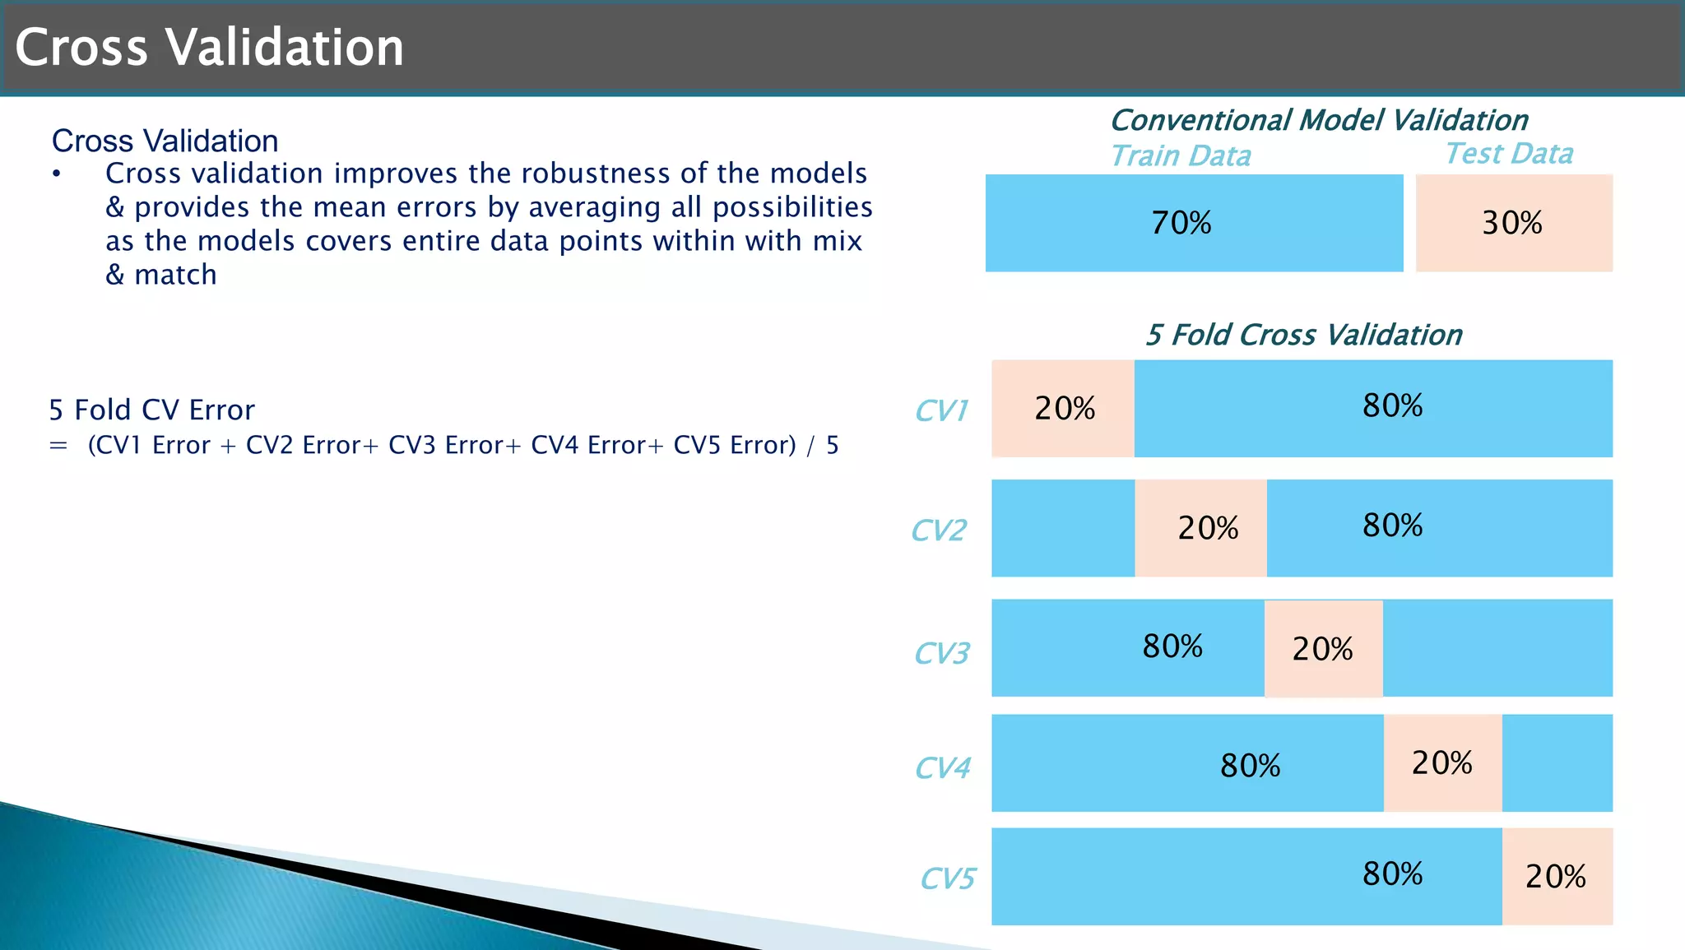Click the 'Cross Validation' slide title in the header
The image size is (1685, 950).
click(209, 47)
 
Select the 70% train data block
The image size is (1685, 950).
click(1193, 223)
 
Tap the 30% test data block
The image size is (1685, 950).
click(1513, 223)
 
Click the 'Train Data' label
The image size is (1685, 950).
click(1180, 155)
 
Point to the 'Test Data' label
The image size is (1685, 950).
click(1508, 153)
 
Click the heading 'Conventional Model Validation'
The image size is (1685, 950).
click(1318, 120)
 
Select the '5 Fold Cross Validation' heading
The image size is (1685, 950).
click(1303, 335)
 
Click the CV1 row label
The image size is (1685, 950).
click(941, 410)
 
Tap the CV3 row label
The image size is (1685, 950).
click(941, 653)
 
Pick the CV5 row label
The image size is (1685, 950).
click(947, 878)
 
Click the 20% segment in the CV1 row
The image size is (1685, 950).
click(1063, 409)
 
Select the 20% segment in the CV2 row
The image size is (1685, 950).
click(1202, 528)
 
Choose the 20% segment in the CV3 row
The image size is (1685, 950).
click(1323, 649)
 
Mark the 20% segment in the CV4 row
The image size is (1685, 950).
click(1442, 762)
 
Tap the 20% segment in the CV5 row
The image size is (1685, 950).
click(1556, 877)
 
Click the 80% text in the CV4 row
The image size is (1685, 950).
click(1250, 766)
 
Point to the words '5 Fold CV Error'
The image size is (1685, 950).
click(151, 410)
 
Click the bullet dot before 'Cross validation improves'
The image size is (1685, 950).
click(56, 174)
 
